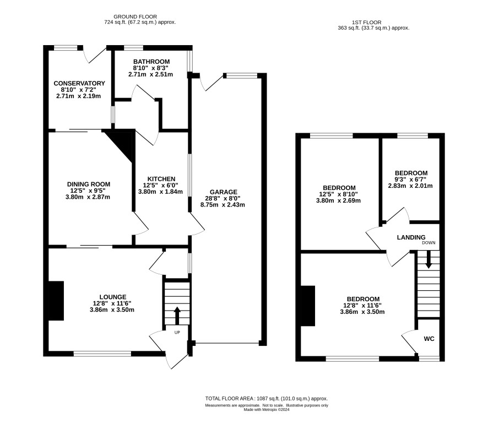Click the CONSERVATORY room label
pyautogui.click(x=79, y=83)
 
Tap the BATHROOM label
pyautogui.click(x=151, y=62)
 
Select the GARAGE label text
pyautogui.click(x=224, y=192)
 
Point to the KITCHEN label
pyautogui.click(x=161, y=179)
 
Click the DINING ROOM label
pyautogui.click(x=89, y=184)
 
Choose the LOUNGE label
pyautogui.click(x=113, y=297)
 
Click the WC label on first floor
pyautogui.click(x=429, y=339)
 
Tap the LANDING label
pyautogui.click(x=411, y=237)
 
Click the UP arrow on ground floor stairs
pyautogui.click(x=177, y=316)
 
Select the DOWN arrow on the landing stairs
pyautogui.click(x=429, y=259)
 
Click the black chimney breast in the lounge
pyautogui.click(x=56, y=301)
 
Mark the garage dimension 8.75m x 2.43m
pyautogui.click(x=223, y=205)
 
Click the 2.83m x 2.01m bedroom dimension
pyautogui.click(x=410, y=186)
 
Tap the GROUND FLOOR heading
pyautogui.click(x=135, y=17)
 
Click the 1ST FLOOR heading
pyautogui.click(x=367, y=22)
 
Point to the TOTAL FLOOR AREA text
pyautogui.click(x=267, y=399)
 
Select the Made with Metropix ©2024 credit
pyautogui.click(x=267, y=410)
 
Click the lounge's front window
pyautogui.click(x=102, y=354)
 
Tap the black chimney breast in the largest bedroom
pyautogui.click(x=308, y=306)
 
